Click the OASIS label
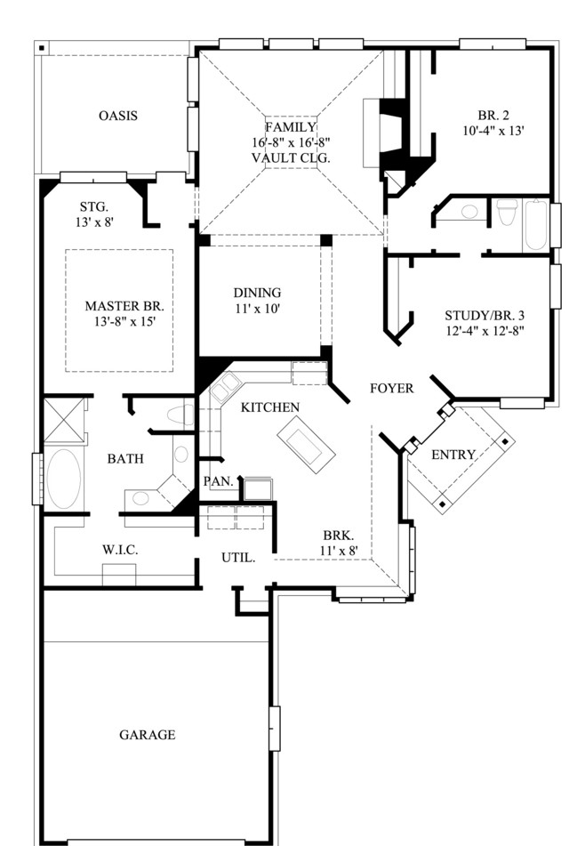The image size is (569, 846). tap(118, 116)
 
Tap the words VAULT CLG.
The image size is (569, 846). tap(291, 158)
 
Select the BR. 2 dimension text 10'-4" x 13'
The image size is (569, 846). tap(493, 131)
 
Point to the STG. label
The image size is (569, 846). tap(94, 206)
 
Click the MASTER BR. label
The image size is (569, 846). tap(124, 306)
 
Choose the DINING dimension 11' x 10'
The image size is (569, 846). tap(257, 309)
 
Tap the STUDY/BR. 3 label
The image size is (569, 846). tap(485, 316)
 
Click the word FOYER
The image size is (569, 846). tap(392, 388)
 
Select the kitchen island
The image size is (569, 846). tap(307, 445)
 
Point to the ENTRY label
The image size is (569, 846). tap(453, 455)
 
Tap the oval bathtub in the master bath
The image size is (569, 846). tap(64, 478)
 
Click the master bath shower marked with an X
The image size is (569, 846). tap(64, 420)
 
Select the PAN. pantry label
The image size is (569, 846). tap(219, 480)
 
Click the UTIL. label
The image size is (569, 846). tap(238, 558)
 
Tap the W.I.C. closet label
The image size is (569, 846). tap(120, 550)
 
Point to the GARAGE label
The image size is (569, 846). tap(148, 734)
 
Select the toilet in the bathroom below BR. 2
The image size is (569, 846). tap(507, 212)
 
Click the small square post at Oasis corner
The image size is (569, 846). tap(42, 48)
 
